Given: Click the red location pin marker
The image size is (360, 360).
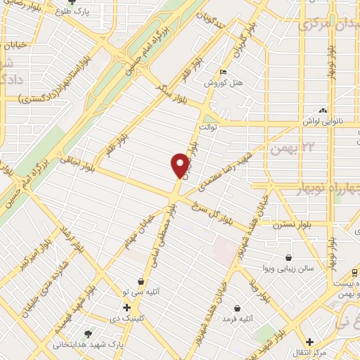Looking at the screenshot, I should click(181, 165).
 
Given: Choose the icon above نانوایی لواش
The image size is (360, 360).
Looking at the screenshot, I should click(323, 110).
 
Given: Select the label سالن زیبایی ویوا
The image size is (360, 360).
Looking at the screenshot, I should click(289, 269).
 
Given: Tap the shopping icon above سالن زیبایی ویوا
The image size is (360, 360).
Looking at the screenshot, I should click(289, 258).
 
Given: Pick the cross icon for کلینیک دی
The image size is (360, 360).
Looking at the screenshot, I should click(127, 307).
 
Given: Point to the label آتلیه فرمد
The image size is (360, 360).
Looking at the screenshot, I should click(237, 319).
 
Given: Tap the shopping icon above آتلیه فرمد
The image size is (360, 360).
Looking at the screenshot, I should click(237, 309).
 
